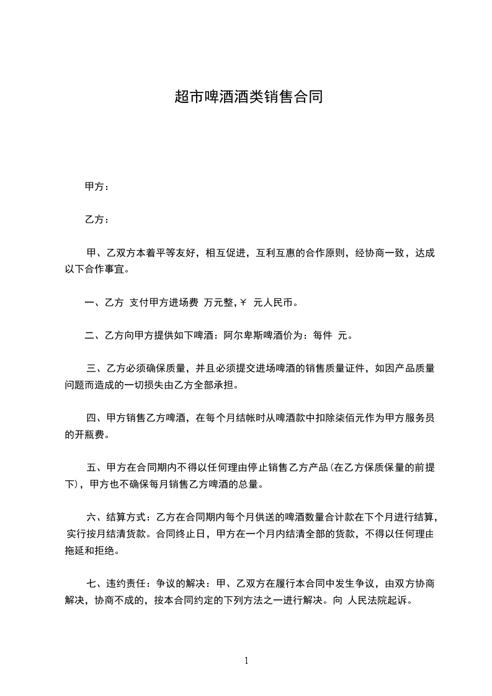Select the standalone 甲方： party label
click(x=97, y=186)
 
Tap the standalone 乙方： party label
click(x=97, y=220)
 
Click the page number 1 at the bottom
click(x=246, y=660)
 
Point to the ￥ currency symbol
click(x=243, y=303)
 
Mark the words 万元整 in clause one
click(x=217, y=303)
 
